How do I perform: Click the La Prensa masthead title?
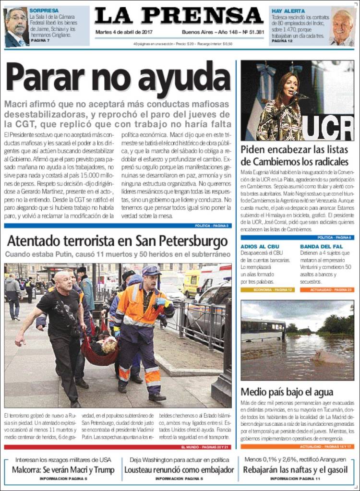(x=180, y=16)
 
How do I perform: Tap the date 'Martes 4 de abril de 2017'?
(x=120, y=32)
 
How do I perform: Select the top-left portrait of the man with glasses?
(x=16, y=27)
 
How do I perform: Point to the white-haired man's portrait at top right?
(x=342, y=27)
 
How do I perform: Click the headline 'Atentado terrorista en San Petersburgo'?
(x=117, y=240)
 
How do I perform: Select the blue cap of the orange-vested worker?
(x=151, y=270)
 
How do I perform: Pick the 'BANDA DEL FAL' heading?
(x=316, y=247)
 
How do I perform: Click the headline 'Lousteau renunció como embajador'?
(x=179, y=470)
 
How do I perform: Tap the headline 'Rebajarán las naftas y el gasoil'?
(x=295, y=470)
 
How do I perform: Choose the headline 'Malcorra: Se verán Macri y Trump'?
(x=63, y=470)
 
